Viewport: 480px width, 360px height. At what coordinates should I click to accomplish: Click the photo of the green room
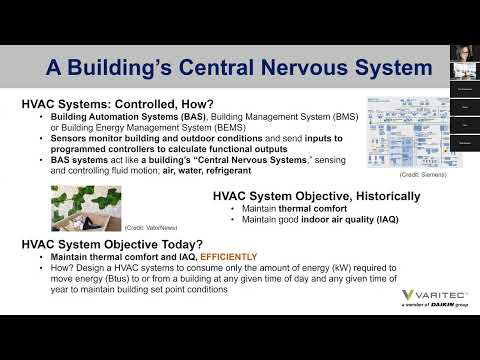click(x=86, y=206)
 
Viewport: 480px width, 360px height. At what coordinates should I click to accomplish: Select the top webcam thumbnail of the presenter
click(x=463, y=52)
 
